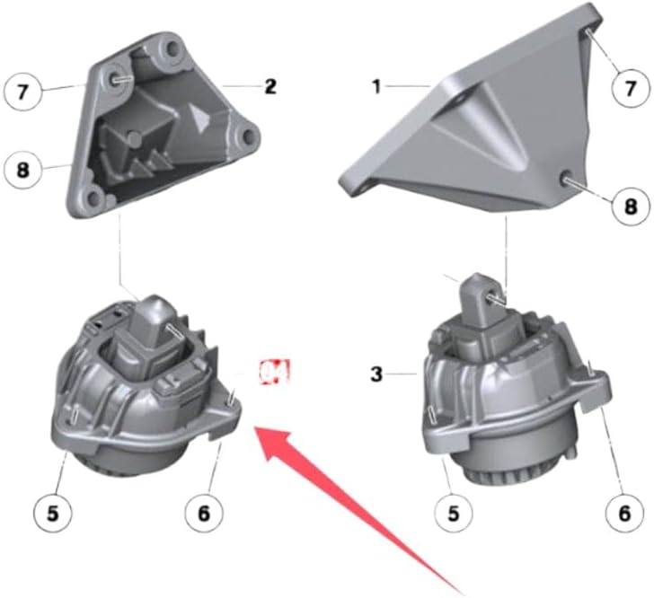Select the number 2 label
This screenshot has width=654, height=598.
269,87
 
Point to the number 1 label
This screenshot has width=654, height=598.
377,88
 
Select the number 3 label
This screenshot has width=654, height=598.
378,371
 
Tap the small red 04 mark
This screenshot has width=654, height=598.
277,371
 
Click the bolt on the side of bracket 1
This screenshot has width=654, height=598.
568,180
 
